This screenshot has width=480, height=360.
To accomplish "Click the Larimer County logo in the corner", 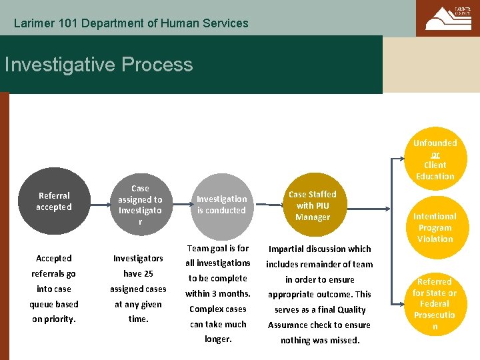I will pos(447,18).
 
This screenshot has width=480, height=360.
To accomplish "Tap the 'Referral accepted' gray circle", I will pos(54,201).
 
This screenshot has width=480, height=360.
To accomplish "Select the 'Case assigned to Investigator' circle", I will pos(140,204).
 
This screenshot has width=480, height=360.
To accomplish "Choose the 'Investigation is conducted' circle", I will pos(221,205).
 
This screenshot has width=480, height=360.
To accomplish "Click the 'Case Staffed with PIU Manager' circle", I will pos(313,205).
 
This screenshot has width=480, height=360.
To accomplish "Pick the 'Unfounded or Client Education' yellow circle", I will pos(435,159).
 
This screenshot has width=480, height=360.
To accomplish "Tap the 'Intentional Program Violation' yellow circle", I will pos(435,227).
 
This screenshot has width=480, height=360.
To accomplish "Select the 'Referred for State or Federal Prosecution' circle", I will pos(435,303).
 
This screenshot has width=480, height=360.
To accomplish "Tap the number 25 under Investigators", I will pos(147,273).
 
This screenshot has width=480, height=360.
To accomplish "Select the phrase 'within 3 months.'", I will pos(217,293).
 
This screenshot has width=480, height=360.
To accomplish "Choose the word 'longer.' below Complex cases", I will pos(217,339).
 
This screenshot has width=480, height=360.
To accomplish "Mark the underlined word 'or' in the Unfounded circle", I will pos(435,154).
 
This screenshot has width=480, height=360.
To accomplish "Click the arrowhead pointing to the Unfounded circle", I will pos(404,160).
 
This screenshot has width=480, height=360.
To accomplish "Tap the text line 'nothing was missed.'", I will pos(319,341).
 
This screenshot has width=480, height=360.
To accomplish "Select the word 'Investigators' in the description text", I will pos(138,258).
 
